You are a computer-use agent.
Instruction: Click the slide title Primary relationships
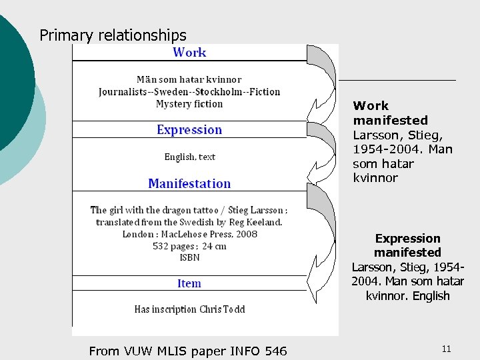click(x=113, y=35)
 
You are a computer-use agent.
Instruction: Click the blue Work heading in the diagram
click(x=189, y=52)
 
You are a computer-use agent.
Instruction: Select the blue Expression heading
click(x=189, y=129)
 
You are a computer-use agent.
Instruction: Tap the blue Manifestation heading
click(x=189, y=183)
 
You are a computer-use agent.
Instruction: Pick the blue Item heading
click(x=189, y=283)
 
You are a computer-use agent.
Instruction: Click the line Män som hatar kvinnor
click(x=189, y=80)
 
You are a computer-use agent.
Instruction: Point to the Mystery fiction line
click(x=189, y=104)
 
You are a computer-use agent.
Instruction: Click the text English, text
click(x=190, y=157)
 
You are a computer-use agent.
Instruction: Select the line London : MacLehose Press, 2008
click(x=189, y=234)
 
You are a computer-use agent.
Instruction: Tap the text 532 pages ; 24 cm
click(x=189, y=246)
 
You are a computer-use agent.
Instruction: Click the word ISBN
click(x=189, y=257)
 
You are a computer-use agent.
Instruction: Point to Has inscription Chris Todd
click(x=189, y=309)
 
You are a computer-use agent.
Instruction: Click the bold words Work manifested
click(x=390, y=113)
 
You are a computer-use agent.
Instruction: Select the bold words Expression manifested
click(x=407, y=245)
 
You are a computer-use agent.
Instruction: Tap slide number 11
click(x=447, y=349)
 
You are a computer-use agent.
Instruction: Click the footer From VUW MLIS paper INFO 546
click(x=187, y=351)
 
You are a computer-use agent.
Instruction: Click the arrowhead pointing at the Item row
click(x=313, y=283)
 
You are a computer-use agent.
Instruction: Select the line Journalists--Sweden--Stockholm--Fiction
click(x=189, y=92)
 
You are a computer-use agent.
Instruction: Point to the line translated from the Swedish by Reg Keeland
click(x=189, y=222)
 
